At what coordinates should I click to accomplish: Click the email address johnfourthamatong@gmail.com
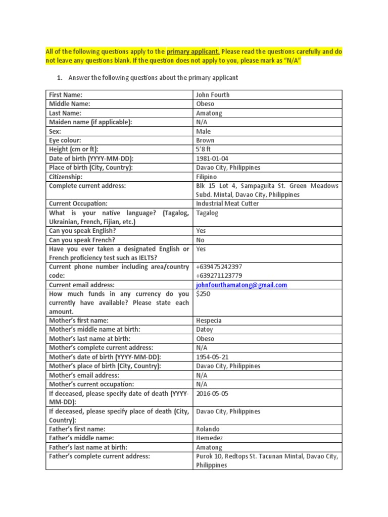pyautogui.click(x=241, y=285)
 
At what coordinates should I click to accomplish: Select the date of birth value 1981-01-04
pyautogui.click(x=212, y=159)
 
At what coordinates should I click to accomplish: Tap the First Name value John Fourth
pyautogui.click(x=212, y=95)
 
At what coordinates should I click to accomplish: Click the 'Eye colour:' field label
pyautogui.click(x=65, y=140)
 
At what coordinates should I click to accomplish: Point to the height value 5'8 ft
pyautogui.click(x=206, y=149)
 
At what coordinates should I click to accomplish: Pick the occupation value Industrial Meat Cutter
pyautogui.click(x=227, y=203)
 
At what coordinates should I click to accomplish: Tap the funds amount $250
pyautogui.click(x=203, y=294)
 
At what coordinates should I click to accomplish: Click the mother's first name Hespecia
pyautogui.click(x=208, y=321)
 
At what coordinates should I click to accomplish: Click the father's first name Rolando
pyautogui.click(x=208, y=429)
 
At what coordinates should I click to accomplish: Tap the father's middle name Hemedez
pyautogui.click(x=209, y=438)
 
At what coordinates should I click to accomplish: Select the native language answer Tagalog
pyautogui.click(x=207, y=213)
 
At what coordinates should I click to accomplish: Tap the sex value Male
pyautogui.click(x=203, y=131)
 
